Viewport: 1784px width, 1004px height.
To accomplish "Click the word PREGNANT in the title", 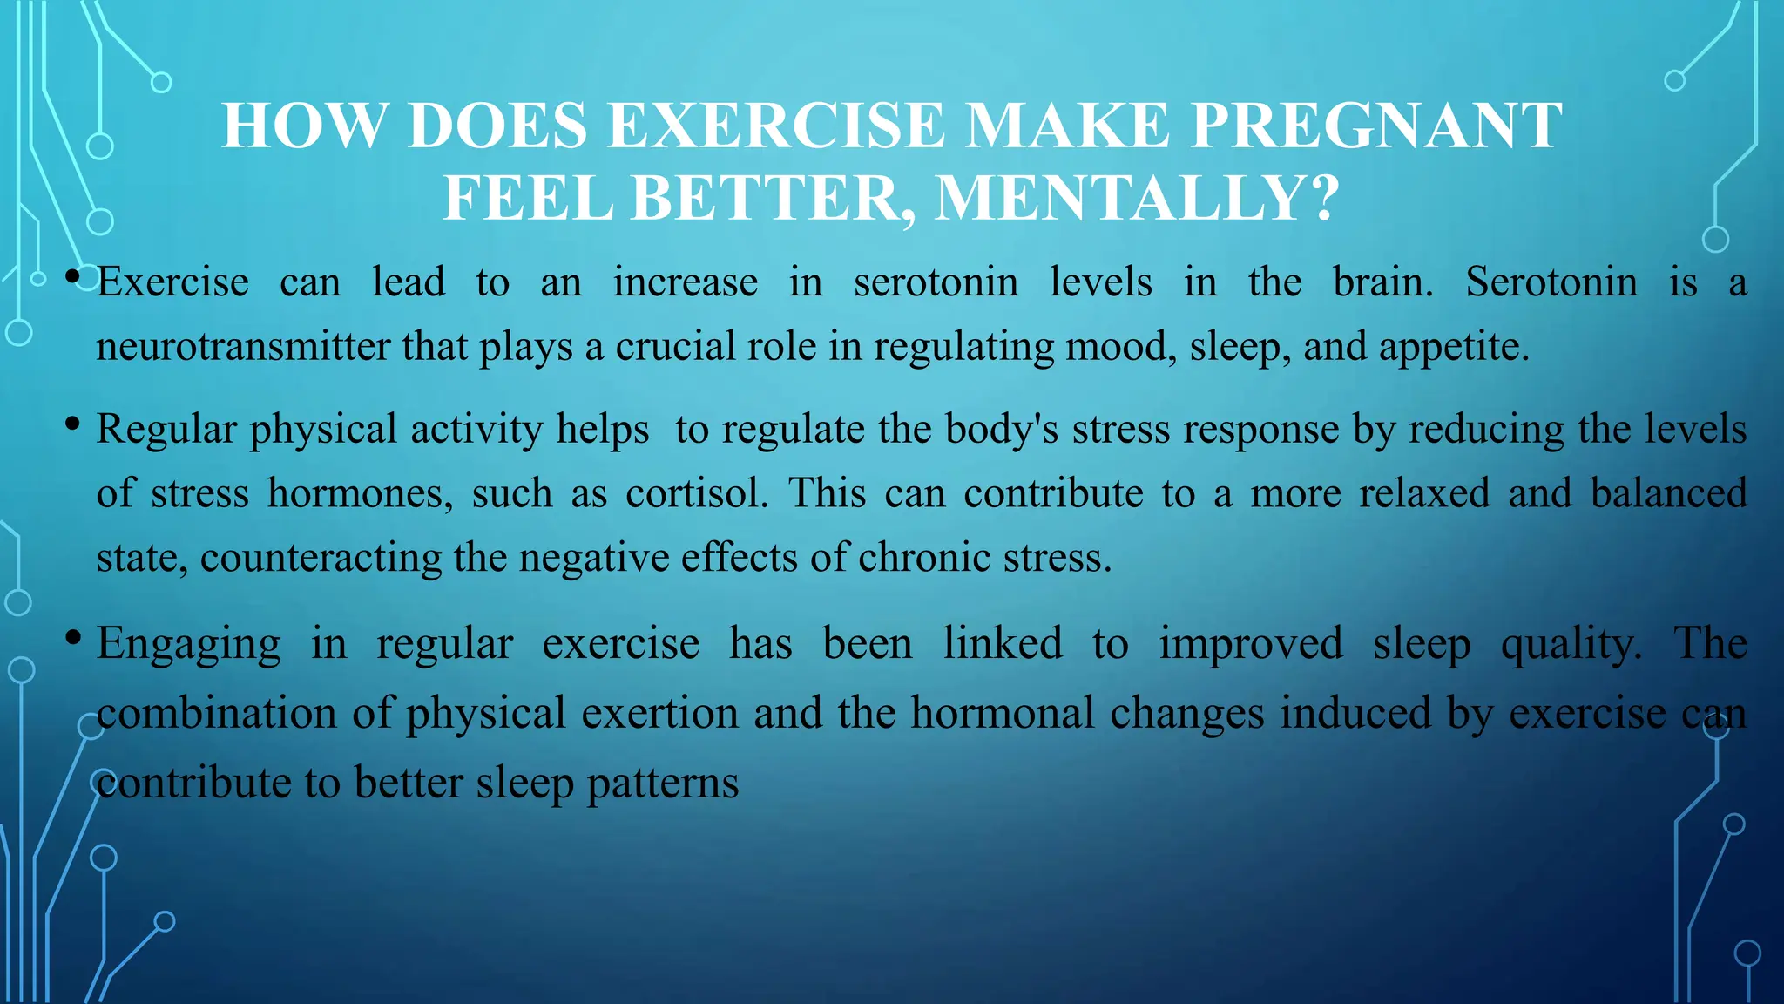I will click(1376, 126).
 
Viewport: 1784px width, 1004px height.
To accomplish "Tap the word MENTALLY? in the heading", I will click(1137, 199).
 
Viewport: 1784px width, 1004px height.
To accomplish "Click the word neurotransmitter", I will click(243, 347).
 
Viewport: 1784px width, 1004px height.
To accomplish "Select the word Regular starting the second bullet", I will click(166, 430).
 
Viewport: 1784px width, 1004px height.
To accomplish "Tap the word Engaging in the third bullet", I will click(189, 645).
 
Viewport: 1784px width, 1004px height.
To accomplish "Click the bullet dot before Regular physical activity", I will click(73, 424).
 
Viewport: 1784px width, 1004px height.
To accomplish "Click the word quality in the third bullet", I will click(1571, 645).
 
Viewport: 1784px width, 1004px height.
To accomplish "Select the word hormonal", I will click(1002, 713).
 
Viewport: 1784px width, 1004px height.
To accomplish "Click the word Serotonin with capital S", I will click(1551, 282).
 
